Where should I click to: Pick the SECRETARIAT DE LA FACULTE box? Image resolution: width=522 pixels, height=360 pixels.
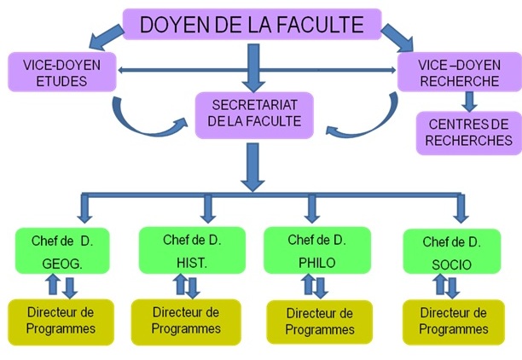coord(254,114)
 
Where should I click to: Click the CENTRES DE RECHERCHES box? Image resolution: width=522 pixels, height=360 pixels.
coord(467,133)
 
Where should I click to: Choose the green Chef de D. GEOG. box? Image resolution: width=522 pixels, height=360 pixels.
coord(67,253)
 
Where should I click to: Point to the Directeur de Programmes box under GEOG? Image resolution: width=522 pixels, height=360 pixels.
coord(61,321)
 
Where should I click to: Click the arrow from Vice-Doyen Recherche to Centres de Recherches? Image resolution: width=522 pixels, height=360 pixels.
coord(467,102)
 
